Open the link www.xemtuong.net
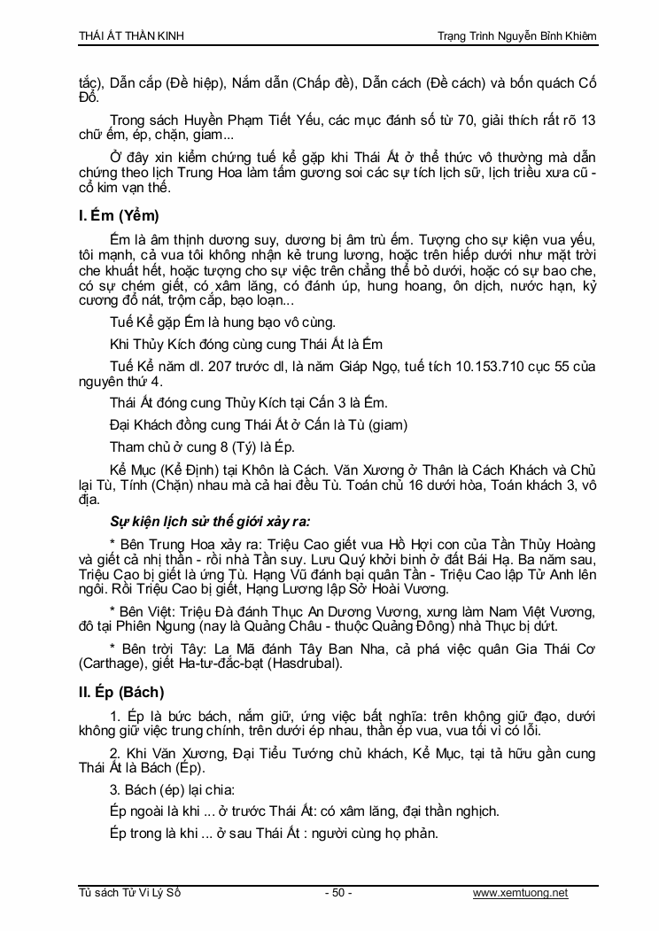pos(521,893)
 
